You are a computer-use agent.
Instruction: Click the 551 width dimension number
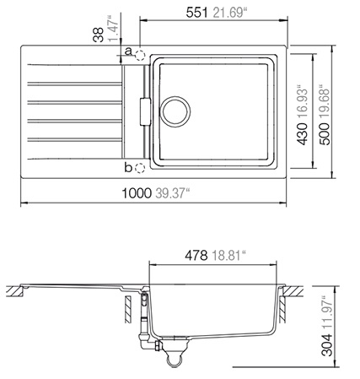click(196, 13)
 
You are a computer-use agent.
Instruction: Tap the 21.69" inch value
click(229, 13)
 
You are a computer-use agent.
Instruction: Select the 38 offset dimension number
click(99, 35)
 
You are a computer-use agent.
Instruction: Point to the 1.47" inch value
click(114, 28)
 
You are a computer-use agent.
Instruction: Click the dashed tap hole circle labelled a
click(140, 55)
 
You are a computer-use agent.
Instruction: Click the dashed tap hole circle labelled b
click(140, 168)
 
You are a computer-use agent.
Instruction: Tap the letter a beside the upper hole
click(128, 51)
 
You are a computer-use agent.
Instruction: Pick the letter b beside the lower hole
click(128, 168)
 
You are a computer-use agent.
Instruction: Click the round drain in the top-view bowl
click(175, 111)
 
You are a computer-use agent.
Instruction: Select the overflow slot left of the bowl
click(145, 111)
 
